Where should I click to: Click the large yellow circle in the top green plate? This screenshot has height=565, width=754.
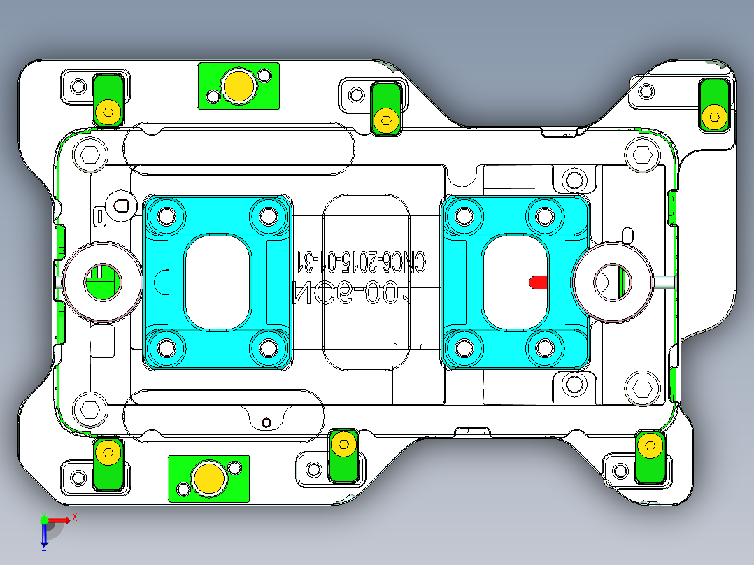[239, 86]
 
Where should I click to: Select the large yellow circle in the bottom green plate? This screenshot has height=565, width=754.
[208, 478]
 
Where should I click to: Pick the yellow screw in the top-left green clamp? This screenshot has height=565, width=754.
[108, 111]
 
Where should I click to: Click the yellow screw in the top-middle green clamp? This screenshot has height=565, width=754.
[385, 120]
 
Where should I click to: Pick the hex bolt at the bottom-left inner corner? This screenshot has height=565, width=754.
[90, 410]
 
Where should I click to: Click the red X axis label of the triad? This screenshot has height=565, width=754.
[74, 517]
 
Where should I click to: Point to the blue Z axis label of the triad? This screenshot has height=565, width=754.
[43, 548]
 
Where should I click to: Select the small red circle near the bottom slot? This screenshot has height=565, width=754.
[265, 422]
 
